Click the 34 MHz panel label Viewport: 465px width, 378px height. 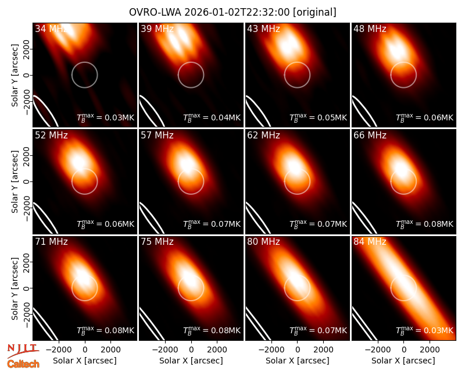(51, 28)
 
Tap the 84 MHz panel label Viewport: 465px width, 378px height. (370, 242)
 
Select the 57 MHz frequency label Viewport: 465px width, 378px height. (157, 135)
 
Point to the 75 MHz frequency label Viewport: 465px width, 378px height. (157, 242)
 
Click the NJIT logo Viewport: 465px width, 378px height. (23, 351)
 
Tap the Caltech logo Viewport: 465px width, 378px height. (23, 364)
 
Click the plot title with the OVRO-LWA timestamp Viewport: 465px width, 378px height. (233, 12)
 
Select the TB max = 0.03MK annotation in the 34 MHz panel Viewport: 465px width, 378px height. (106, 117)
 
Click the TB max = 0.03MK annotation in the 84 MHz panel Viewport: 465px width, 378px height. (425, 330)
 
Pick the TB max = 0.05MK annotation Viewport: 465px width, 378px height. (318, 117)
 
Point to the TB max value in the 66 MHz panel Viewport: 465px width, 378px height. (425, 224)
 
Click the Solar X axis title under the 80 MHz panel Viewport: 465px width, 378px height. (298, 361)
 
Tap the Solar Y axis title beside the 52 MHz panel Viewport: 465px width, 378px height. (15, 181)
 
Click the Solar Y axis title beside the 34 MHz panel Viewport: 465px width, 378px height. (15, 75)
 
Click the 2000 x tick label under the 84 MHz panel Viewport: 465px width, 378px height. (430, 350)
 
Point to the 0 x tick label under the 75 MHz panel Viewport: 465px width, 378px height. (191, 350)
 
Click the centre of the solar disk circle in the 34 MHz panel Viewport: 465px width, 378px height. (84, 75)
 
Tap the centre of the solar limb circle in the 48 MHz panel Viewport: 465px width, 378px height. (403, 75)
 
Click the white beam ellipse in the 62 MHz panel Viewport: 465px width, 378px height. (257, 217)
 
